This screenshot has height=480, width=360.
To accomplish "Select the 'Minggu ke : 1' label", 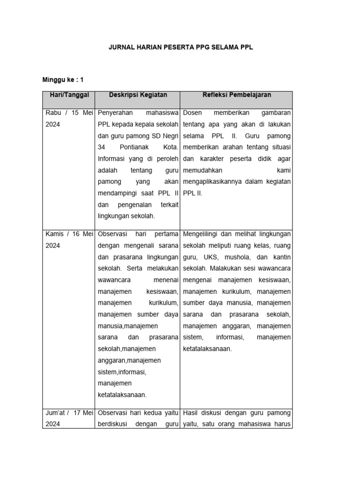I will (63, 80).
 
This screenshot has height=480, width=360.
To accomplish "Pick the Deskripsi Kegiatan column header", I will (138, 95).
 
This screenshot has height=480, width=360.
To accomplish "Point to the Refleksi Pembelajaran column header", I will (237, 95).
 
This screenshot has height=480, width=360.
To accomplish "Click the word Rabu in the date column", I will (53, 113).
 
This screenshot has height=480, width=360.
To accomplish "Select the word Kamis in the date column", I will (54, 234).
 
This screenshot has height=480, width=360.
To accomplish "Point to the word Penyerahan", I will (115, 113).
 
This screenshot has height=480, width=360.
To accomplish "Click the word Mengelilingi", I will (203, 234).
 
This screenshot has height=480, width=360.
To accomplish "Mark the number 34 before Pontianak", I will (102, 147).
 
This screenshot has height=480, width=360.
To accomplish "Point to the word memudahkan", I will (203, 170).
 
